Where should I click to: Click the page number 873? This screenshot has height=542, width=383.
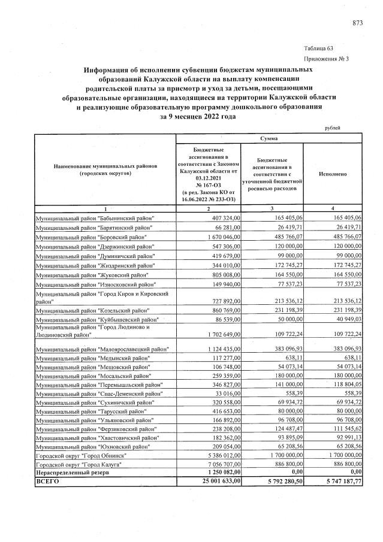[x=357, y=23]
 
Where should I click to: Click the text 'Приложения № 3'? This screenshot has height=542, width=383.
[x=327, y=59]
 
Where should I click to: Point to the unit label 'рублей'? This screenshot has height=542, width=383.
[x=332, y=128]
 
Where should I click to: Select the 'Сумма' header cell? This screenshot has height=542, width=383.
[x=269, y=138]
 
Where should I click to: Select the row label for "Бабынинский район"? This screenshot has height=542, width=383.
[x=94, y=218]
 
